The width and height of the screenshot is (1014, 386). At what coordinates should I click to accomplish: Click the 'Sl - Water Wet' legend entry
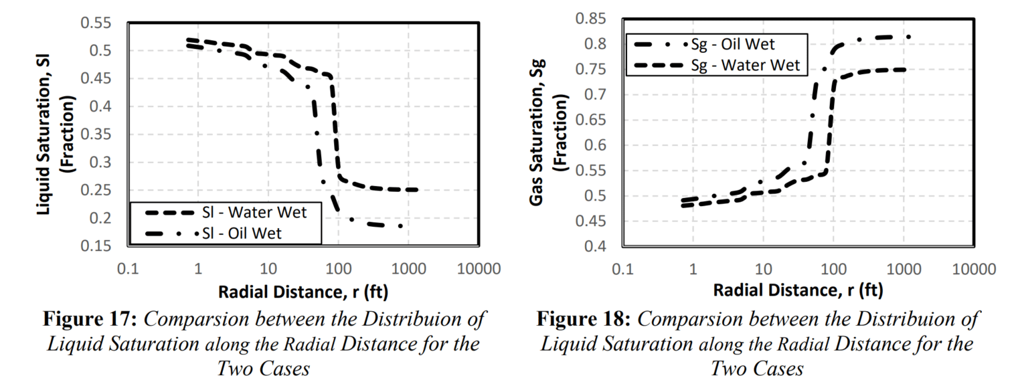[x=264, y=213]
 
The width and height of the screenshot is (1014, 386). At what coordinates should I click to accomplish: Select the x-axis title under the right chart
[x=797, y=291]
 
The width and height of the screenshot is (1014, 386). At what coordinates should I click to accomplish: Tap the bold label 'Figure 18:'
[x=584, y=319]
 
